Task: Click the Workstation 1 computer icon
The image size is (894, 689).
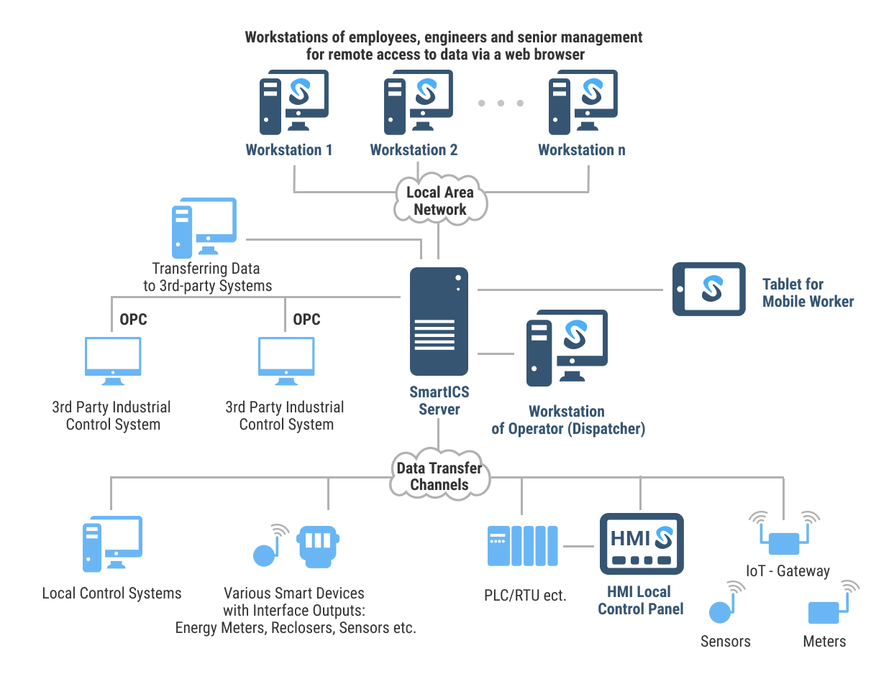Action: (293, 102)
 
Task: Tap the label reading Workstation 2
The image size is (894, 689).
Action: (414, 150)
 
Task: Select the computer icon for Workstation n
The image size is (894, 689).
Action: (583, 102)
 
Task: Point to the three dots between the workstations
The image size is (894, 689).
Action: (501, 103)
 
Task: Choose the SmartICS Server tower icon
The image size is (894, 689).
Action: (439, 321)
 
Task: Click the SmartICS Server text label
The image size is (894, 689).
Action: (439, 401)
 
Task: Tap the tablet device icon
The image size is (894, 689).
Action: (708, 289)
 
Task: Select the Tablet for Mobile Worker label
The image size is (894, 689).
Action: (808, 293)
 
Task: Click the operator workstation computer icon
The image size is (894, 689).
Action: (567, 348)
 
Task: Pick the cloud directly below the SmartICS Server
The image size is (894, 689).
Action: (439, 474)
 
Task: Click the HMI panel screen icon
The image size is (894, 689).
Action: (642, 544)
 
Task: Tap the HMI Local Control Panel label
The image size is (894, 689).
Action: (640, 601)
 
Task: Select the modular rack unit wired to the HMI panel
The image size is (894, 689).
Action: (523, 546)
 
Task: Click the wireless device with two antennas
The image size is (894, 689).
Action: (784, 535)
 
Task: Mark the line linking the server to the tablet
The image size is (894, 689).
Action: (570, 290)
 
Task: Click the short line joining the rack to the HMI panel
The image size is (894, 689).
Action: (578, 547)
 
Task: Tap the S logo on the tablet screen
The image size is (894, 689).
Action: (712, 289)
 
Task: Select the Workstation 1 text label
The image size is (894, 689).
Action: (289, 150)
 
